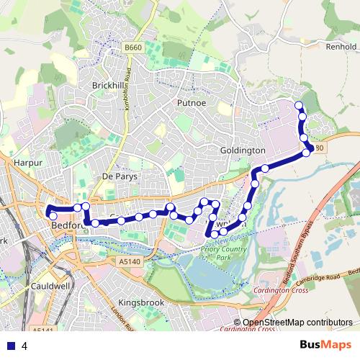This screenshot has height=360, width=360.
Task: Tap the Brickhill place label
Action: (109, 85)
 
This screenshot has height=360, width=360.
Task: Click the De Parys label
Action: (120, 176)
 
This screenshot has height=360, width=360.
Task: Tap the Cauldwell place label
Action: (50, 286)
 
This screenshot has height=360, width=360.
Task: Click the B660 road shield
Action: (131, 48)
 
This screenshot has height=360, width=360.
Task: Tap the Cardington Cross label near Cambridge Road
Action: (280, 291)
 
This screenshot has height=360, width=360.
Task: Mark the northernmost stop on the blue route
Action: (299, 106)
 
